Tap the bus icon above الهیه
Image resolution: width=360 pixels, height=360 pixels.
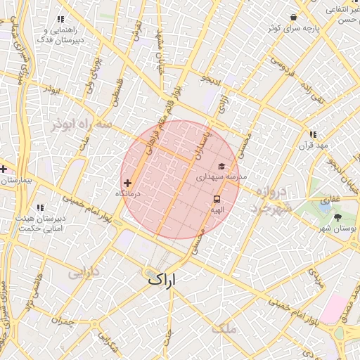pyautogui.click(x=217, y=199)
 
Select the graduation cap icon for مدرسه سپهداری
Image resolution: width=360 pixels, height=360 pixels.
pyautogui.click(x=223, y=167)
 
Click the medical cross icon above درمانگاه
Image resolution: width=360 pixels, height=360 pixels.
pyautogui.click(x=127, y=183)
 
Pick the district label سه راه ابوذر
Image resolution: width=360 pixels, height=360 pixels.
pyautogui.click(x=82, y=124)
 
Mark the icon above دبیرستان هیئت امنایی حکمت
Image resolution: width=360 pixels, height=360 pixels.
pyautogui.click(x=40, y=207)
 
